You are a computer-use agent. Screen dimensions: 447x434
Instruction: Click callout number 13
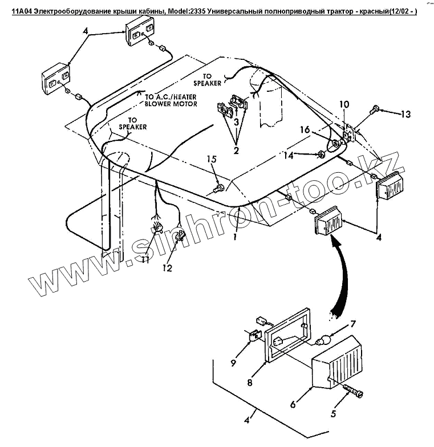[405, 114]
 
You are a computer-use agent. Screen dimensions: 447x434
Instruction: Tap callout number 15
[212, 160]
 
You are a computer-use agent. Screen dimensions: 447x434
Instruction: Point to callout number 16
[305, 131]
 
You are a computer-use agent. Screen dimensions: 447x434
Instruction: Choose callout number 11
[145, 260]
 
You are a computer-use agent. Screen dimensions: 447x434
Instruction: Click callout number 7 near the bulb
[352, 324]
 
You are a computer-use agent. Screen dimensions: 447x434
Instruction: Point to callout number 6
[293, 404]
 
